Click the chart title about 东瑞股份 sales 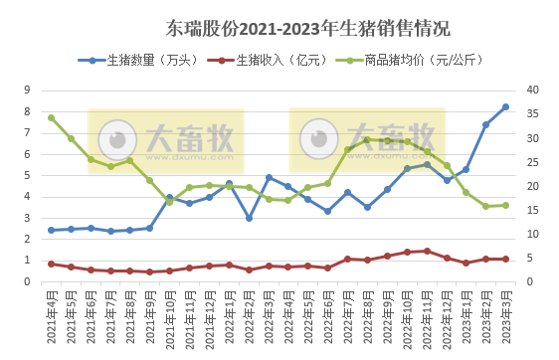point(279,27)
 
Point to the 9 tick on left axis point(31,90)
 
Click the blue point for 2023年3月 point(505,107)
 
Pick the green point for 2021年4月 point(51,117)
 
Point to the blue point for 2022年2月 point(249,218)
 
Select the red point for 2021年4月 point(51,264)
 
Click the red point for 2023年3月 point(505,259)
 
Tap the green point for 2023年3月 point(505,205)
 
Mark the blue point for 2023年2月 point(485,124)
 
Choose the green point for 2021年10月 point(169,202)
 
